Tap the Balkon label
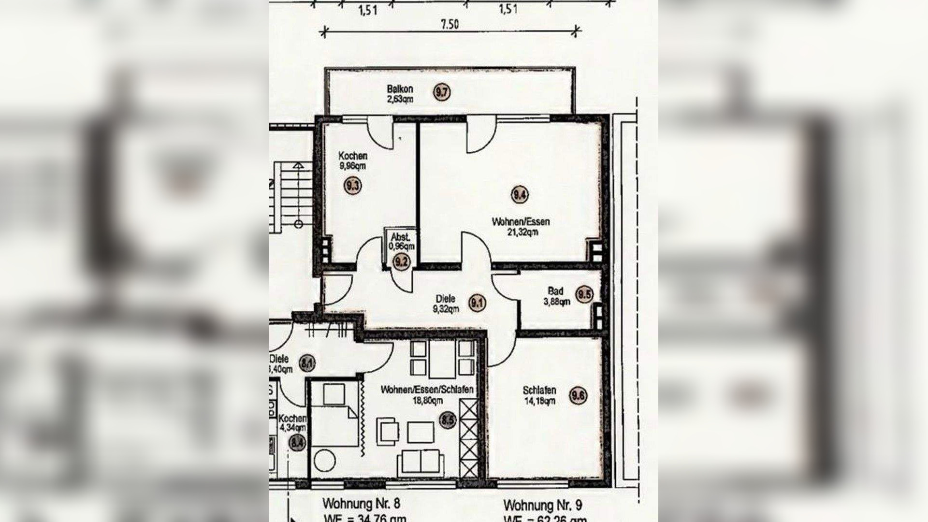[x=400, y=89]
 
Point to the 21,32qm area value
[x=522, y=232]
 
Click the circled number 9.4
[x=520, y=195]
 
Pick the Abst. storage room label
[x=401, y=237]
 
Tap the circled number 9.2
[x=401, y=262]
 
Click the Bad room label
[x=555, y=291]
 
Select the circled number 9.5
[x=584, y=294]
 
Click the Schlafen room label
[x=539, y=390]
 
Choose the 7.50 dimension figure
[x=449, y=25]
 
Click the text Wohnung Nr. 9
[x=542, y=506]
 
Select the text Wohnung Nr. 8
[x=361, y=504]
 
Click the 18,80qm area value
[x=427, y=401]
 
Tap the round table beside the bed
[x=325, y=461]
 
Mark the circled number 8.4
[x=298, y=442]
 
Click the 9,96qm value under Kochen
[x=352, y=166]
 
